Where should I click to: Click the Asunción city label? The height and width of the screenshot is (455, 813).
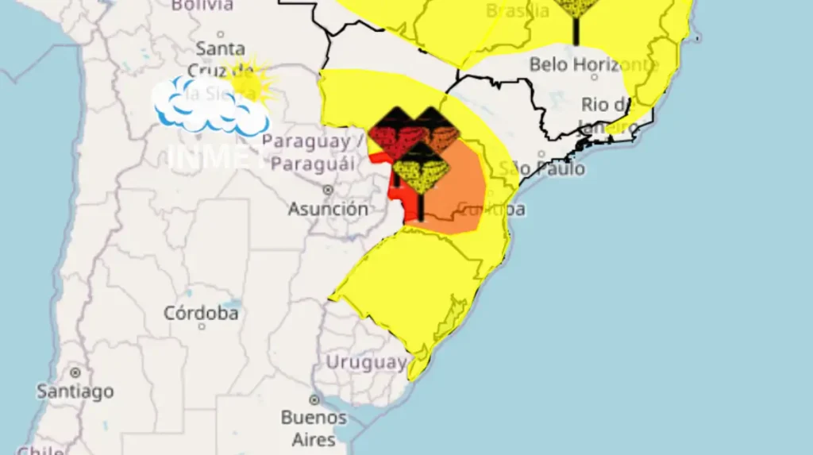328,210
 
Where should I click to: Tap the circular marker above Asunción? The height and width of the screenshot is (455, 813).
328,190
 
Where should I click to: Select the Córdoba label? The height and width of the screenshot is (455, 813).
201,313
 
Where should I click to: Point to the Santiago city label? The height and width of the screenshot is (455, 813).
75,391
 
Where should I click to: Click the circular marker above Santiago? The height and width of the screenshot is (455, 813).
75,372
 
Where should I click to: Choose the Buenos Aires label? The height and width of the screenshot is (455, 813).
314,428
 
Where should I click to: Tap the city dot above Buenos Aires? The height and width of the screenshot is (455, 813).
314,399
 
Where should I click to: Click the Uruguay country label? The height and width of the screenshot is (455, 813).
366,363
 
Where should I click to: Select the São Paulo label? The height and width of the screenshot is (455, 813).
542,168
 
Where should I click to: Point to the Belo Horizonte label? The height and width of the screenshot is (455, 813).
594,64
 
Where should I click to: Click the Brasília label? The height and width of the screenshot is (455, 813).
517,10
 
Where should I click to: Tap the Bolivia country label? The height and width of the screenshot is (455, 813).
202,5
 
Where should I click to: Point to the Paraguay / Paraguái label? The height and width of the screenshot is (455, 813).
312,152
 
